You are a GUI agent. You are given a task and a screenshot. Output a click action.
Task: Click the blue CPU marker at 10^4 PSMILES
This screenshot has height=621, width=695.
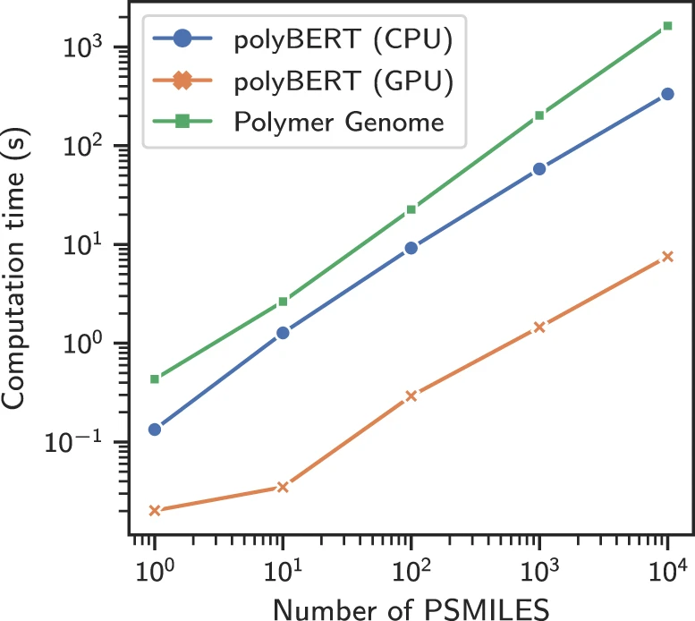(667, 94)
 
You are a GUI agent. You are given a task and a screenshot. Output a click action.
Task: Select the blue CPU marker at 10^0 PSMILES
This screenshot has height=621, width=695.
(155, 430)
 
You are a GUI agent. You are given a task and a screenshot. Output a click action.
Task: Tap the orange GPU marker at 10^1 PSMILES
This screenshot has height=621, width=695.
(283, 487)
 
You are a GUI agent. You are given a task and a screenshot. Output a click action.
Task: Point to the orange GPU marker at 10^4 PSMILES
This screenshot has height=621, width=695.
(667, 257)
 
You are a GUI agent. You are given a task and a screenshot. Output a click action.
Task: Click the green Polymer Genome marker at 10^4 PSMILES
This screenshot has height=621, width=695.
(667, 26)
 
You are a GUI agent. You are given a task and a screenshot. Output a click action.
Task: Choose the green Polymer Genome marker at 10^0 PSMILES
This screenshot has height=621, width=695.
(155, 379)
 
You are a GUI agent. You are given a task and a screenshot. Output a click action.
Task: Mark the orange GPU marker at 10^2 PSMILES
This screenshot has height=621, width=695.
(411, 396)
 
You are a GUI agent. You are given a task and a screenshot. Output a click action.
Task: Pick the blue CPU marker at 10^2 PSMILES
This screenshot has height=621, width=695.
(411, 248)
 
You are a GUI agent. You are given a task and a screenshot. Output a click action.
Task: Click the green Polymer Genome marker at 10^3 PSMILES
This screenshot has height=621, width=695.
(539, 115)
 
